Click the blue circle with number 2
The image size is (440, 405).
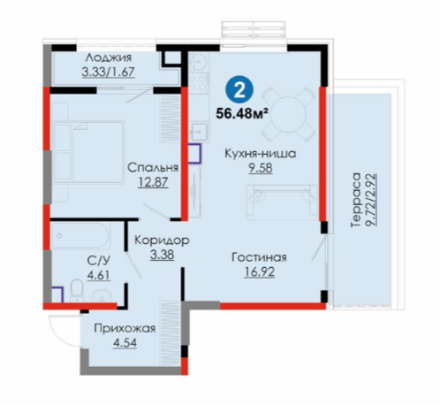[239, 89]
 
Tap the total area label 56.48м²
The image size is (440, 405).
[242, 113]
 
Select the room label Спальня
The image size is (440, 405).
[153, 168]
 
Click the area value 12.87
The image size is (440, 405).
[153, 182]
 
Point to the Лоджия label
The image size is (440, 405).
[109, 58]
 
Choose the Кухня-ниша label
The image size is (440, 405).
[261, 154]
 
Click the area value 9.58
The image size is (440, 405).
[261, 168]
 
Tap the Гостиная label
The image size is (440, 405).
[259, 257]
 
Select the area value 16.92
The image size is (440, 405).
[260, 271]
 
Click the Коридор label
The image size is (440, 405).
[162, 241]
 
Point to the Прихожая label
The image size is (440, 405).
[125, 328]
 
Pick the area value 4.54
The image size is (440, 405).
[125, 343]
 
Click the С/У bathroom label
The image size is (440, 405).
[99, 261]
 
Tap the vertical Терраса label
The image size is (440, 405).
[356, 200]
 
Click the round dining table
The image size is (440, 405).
[287, 113]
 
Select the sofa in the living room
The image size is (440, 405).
[282, 202]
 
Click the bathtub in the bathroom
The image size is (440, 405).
[80, 236]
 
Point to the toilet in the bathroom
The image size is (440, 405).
[77, 290]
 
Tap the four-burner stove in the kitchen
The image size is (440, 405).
[199, 83]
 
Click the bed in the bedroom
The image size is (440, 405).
[88, 152]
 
